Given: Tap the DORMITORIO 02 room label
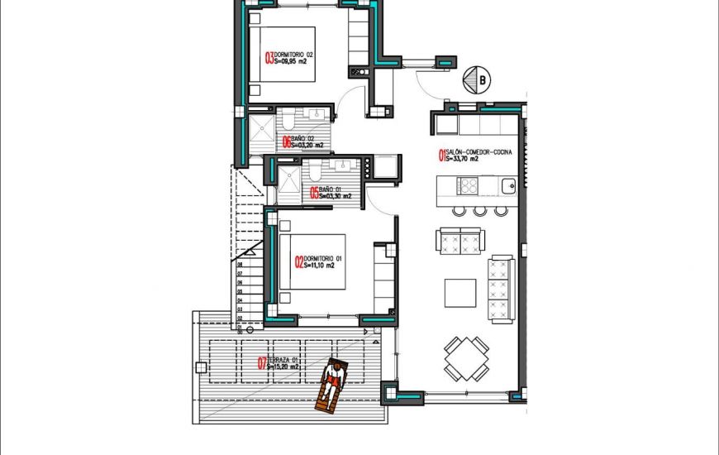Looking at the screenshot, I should point(294,55).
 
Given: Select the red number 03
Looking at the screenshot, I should point(269,58).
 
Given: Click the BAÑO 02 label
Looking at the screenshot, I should point(302,138).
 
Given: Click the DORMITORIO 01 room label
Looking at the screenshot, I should point(324,259).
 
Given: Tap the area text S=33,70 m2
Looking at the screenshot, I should point(469,159).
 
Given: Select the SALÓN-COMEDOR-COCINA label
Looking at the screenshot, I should point(479,152).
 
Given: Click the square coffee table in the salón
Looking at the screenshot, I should point(460,293).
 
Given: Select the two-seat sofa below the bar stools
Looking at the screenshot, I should point(459,242).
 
